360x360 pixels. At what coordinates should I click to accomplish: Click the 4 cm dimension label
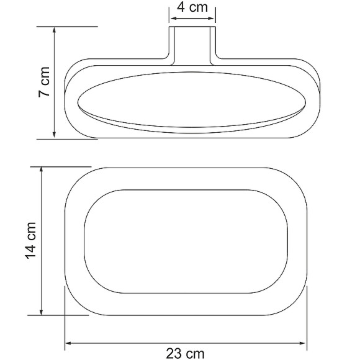tap(192, 8)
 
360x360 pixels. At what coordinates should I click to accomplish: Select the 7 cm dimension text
tap(45, 82)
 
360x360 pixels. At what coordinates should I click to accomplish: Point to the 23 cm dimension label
tap(185, 353)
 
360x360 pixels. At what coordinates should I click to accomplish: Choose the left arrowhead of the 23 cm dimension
tap(69, 342)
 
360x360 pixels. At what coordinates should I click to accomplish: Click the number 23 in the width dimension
tap(175, 353)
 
